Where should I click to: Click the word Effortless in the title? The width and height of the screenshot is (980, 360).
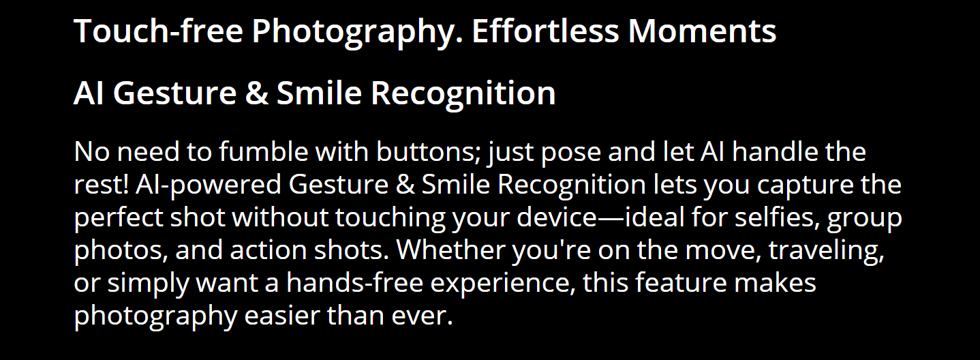[x=545, y=31]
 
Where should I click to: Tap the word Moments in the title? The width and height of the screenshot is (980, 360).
[x=702, y=31]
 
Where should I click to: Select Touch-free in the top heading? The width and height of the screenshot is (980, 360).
[x=158, y=31]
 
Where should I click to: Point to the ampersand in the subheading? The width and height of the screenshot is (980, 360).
[x=257, y=93]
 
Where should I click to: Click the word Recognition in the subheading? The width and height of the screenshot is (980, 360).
[x=463, y=93]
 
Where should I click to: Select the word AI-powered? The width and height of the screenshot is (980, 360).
[x=209, y=185]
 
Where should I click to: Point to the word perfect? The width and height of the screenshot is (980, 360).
[x=119, y=217]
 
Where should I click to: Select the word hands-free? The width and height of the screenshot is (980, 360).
[x=355, y=282]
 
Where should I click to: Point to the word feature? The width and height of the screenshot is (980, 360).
[x=681, y=282]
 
